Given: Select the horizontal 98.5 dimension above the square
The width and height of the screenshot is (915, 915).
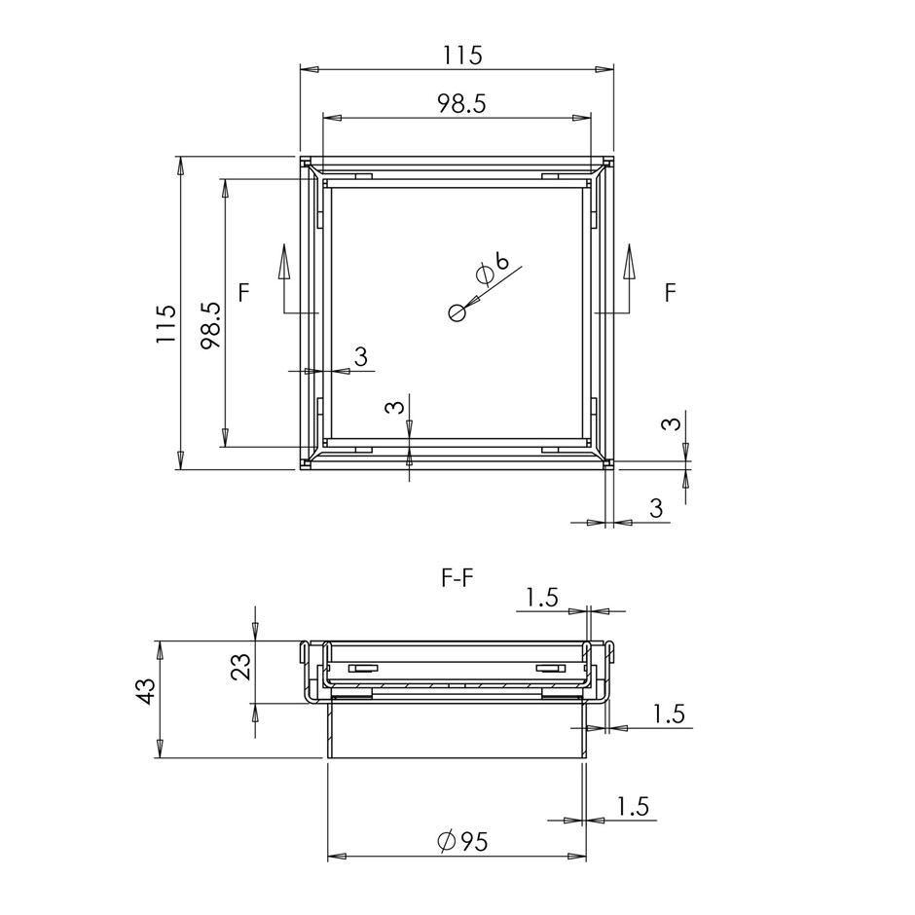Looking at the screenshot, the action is pos(461,104).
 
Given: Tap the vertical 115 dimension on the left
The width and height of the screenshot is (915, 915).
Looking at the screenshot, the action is pos(165,323).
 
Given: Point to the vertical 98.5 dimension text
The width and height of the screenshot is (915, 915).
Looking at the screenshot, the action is pos(210,325).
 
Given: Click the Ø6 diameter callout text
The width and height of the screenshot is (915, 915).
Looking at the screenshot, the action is pos(492,268).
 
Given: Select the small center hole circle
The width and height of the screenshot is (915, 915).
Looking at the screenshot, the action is pos(457,312).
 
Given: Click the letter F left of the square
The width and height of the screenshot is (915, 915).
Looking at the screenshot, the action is pos(244,292).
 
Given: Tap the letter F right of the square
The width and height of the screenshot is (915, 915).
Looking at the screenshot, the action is pos(671,292).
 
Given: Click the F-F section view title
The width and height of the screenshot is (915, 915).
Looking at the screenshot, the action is pos(457,579).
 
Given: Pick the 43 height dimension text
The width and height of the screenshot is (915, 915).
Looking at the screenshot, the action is pos(145,691).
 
